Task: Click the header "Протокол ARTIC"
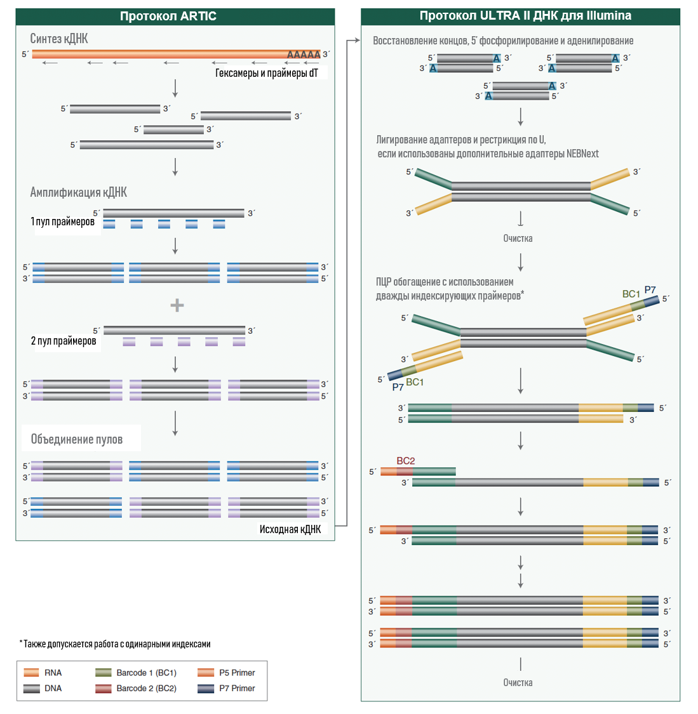(x=168, y=16)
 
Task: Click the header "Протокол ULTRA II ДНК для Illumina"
(x=525, y=15)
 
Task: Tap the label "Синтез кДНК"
(x=59, y=38)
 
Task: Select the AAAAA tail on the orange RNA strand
(x=304, y=54)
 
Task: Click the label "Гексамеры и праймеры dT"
(x=267, y=73)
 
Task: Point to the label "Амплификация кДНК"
(x=78, y=192)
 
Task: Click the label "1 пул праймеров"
(x=62, y=221)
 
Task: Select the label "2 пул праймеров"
(x=64, y=341)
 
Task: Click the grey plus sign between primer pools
(x=177, y=305)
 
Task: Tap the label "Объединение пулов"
(x=77, y=439)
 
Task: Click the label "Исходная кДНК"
(x=290, y=529)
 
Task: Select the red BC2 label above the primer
(x=405, y=461)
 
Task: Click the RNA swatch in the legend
(x=31, y=673)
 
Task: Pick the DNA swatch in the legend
(x=31, y=688)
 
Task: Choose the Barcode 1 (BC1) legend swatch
(x=104, y=673)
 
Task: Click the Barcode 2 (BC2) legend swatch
(x=104, y=688)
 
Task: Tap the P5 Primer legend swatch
(x=206, y=673)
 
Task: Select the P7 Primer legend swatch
(x=206, y=688)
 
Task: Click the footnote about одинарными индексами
(x=115, y=644)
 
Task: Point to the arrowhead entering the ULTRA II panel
(x=358, y=41)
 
